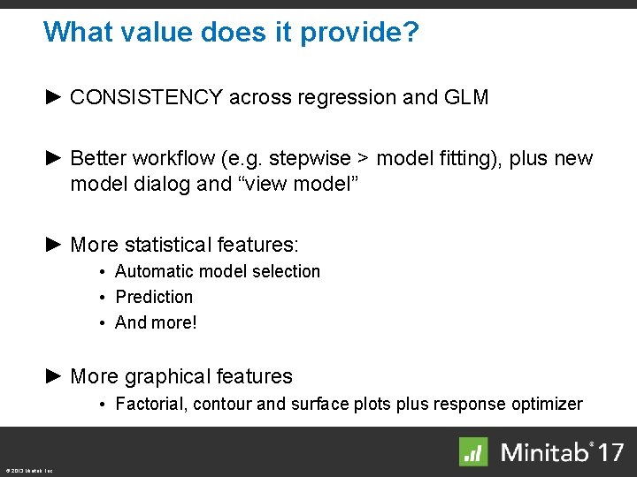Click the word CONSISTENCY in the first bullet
pos(146,98)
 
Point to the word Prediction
pos(154,298)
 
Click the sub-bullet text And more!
pos(157,322)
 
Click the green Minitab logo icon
pos(473,451)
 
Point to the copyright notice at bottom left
pos(28,471)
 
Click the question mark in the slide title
pos(410,33)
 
